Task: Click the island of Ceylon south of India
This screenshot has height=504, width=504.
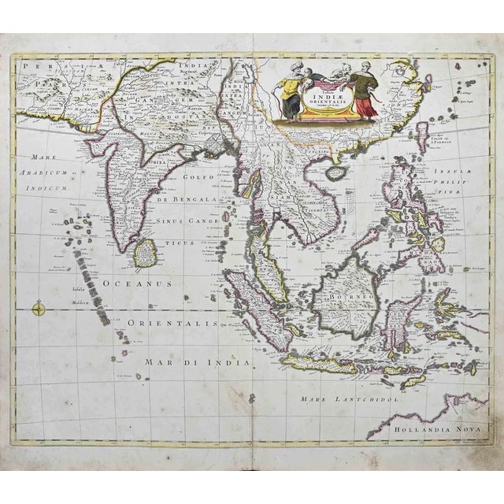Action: (x=143, y=253)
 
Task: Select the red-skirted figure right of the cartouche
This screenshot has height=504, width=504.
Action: (x=361, y=91)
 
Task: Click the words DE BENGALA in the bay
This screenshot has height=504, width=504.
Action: (x=188, y=201)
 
